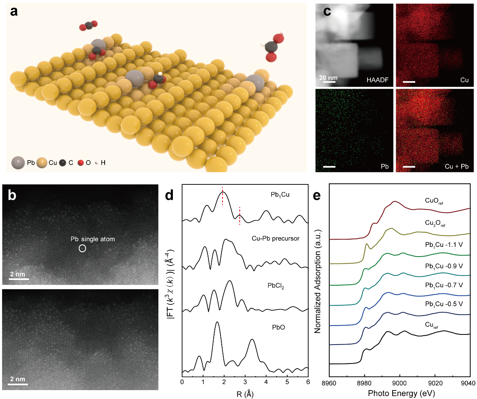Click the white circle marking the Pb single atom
pos(82,249)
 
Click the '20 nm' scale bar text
pos(328,77)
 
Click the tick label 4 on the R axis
pos(266,381)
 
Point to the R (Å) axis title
pos(245,392)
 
